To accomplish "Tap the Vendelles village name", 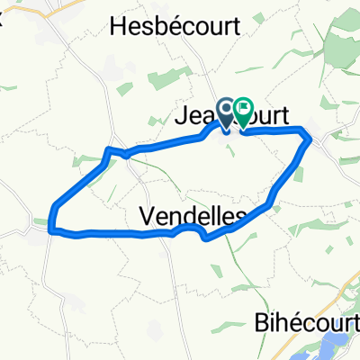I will [x=193, y=216].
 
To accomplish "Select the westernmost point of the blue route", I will [x=53, y=216].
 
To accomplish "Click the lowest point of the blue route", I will [x=207, y=238].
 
